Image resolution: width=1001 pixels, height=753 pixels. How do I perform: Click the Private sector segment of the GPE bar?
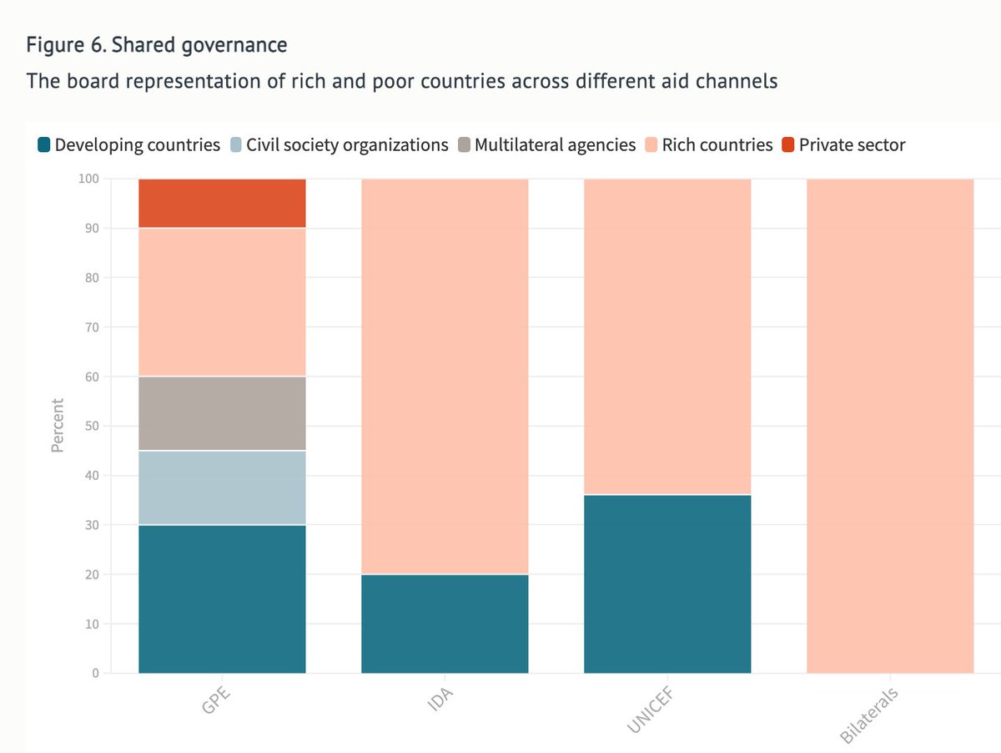click(x=222, y=203)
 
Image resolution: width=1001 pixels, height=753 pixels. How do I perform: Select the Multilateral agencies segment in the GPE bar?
click(x=222, y=413)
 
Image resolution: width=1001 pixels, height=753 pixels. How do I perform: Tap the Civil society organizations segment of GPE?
click(x=222, y=488)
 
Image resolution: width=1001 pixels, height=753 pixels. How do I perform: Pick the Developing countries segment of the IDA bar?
click(x=445, y=624)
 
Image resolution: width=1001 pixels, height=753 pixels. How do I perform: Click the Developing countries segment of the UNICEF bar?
click(x=667, y=584)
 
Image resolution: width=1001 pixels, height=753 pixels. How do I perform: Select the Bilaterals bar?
click(x=890, y=426)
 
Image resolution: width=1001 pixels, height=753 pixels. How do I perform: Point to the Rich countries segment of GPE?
click(x=222, y=302)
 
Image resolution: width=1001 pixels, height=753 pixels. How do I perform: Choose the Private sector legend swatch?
click(x=787, y=145)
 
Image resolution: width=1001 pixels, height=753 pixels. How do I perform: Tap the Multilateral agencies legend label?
click(x=555, y=145)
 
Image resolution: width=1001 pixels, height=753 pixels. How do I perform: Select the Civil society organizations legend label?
click(x=347, y=145)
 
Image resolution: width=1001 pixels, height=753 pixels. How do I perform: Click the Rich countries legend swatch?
click(x=651, y=145)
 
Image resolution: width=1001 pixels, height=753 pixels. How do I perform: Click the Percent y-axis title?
click(x=58, y=426)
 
